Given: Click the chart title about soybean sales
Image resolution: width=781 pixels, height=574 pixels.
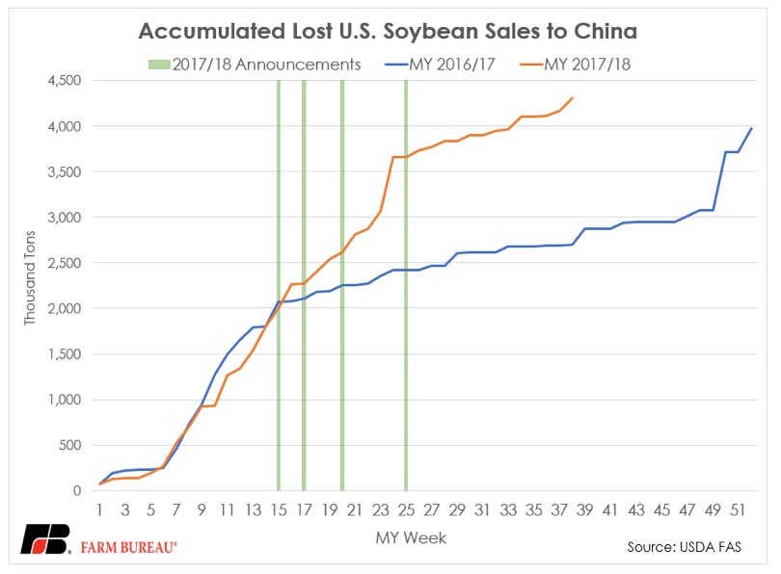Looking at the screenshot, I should click(388, 31).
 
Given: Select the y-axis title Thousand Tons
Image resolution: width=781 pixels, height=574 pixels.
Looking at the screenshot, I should click(29, 286).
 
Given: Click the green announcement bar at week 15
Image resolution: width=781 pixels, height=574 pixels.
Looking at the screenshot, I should click(278, 289).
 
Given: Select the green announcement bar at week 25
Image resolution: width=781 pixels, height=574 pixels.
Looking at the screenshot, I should click(405, 289).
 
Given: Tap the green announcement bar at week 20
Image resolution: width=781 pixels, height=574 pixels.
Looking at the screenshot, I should click(341, 289).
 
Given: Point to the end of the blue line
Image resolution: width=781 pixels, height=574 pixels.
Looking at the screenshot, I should click(751, 128).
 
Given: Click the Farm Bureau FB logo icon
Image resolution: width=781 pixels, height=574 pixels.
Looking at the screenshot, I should click(44, 540).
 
